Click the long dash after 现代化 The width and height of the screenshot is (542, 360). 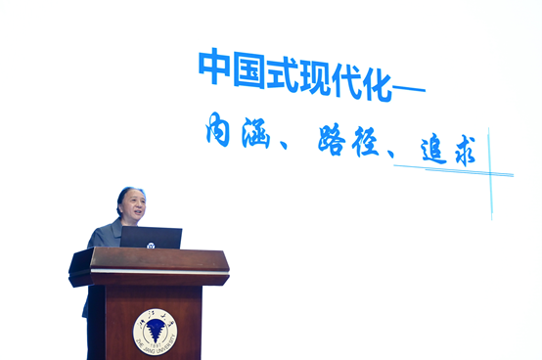point(408,90)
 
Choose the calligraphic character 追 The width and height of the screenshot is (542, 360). point(428,149)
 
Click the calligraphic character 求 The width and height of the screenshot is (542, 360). point(462,153)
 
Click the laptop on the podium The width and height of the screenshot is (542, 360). point(152,239)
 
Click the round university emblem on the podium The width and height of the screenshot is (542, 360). point(155,333)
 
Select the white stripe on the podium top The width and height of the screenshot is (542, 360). point(157,270)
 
